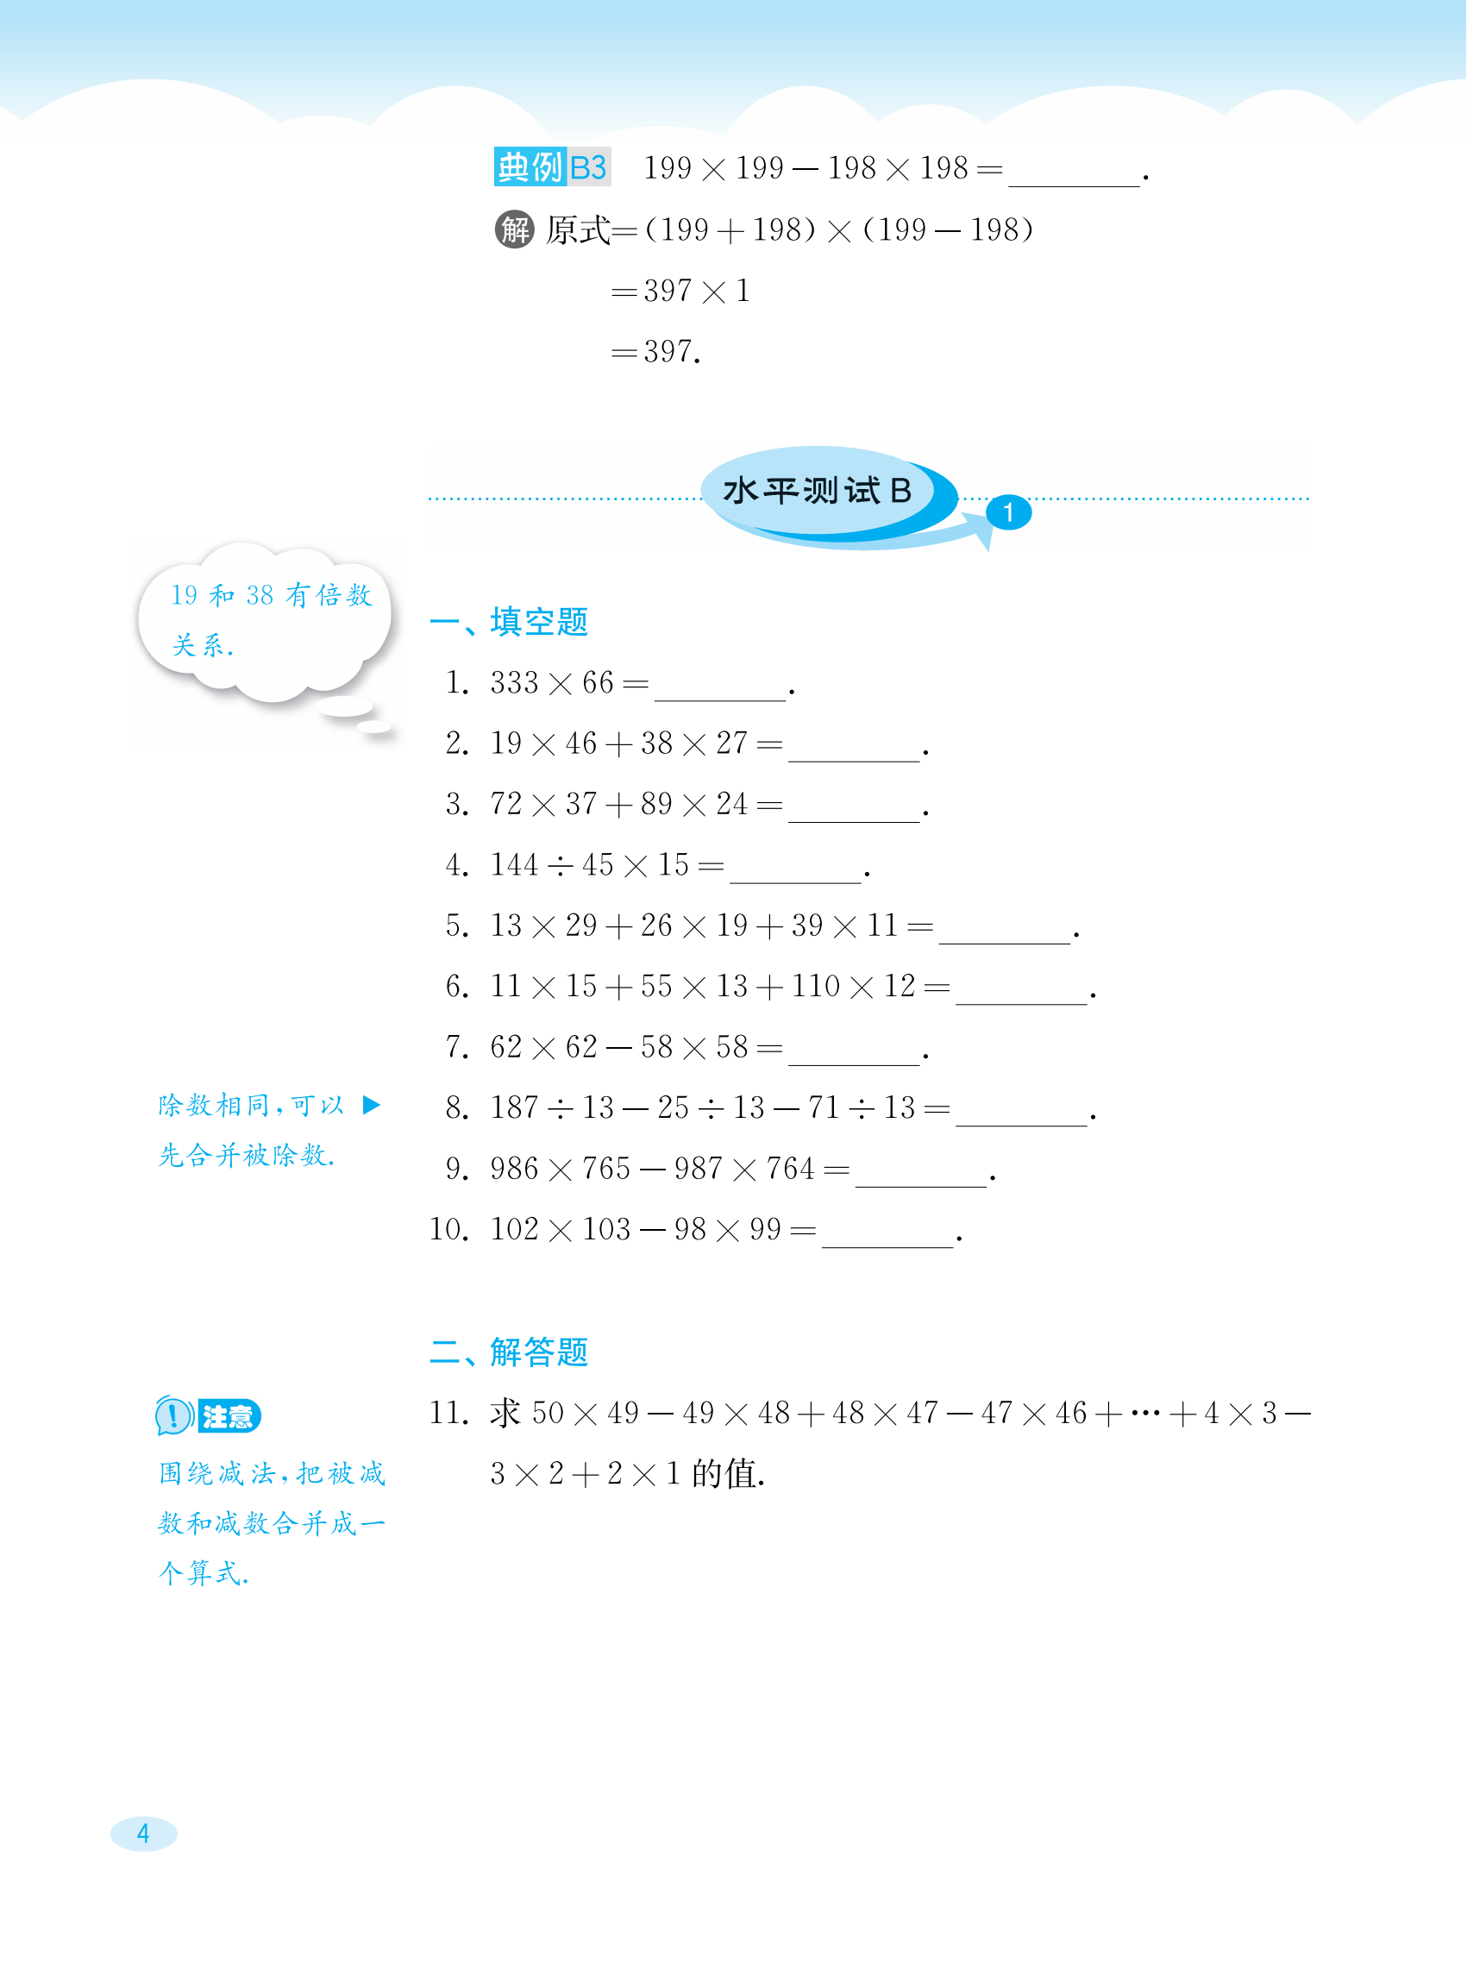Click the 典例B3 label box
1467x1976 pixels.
click(551, 167)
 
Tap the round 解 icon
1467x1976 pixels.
click(514, 230)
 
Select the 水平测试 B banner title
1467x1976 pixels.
click(817, 490)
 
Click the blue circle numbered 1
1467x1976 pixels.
click(1009, 512)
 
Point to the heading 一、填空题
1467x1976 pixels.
click(509, 622)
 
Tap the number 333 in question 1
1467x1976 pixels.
click(514, 683)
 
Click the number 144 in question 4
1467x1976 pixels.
click(514, 865)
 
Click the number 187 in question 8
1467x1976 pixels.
click(514, 1107)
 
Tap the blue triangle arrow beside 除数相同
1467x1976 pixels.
click(371, 1105)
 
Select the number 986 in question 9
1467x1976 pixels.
click(514, 1169)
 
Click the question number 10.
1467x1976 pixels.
click(448, 1229)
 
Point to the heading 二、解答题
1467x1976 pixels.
click(509, 1352)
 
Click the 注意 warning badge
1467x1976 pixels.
click(208, 1415)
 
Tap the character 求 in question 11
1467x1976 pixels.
click(505, 1413)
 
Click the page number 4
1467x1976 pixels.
click(143, 1834)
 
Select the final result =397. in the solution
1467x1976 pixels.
click(656, 353)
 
